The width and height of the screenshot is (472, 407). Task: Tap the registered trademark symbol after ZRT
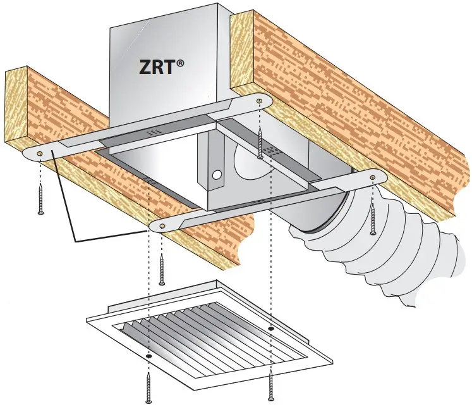click(181, 63)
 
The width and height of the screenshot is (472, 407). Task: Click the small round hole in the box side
click(216, 172)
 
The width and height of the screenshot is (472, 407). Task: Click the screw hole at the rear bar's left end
click(40, 154)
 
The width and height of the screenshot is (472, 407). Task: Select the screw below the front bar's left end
click(162, 269)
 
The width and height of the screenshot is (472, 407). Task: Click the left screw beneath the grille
click(148, 387)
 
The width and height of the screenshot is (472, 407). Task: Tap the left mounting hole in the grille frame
click(149, 356)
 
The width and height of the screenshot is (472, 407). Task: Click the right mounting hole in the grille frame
click(271, 329)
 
